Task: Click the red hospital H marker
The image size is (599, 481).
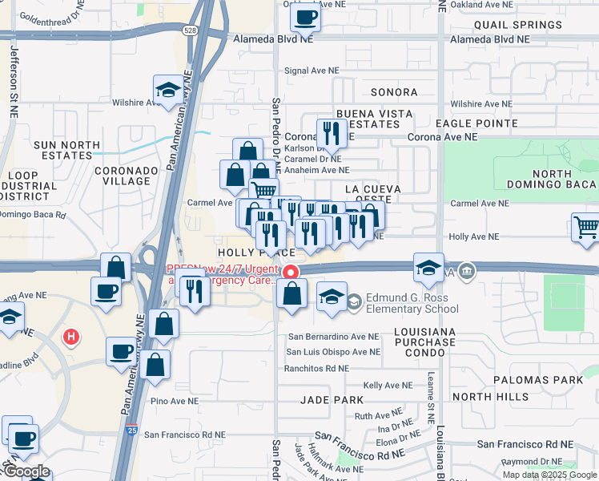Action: coord(71,337)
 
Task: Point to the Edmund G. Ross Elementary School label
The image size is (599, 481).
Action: coord(412,304)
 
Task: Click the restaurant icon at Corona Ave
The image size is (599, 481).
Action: coord(329,132)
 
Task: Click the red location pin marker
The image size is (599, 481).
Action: coord(291,273)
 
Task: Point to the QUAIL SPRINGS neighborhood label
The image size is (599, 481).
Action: coord(518,25)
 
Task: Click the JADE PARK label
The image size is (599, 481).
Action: coord(332,399)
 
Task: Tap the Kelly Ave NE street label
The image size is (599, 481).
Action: coord(388,386)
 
